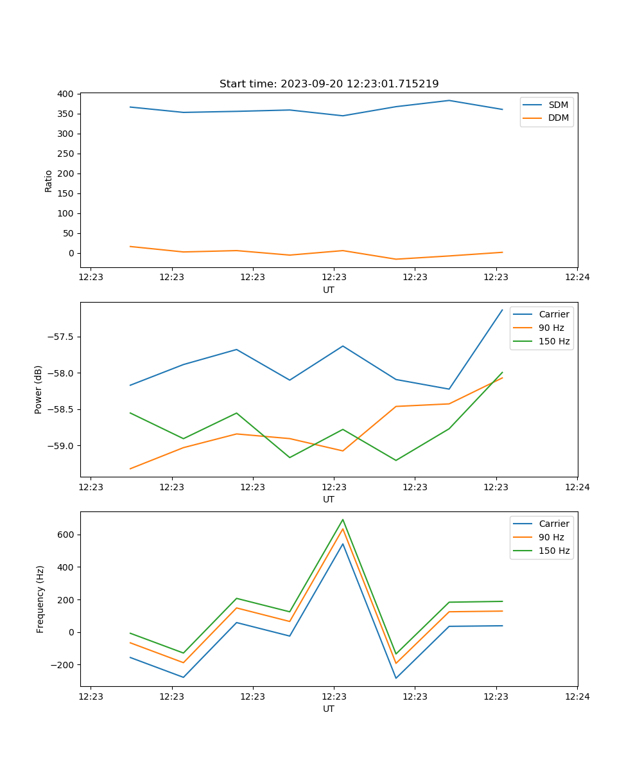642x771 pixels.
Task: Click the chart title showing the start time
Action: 329,84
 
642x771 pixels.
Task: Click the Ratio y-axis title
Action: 49,181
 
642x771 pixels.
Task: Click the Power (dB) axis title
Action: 39,389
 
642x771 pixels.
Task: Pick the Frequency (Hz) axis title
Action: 40,599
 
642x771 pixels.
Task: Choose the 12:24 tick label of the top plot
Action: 577,278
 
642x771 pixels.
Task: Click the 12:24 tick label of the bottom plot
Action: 577,696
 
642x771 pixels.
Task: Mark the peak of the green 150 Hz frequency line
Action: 343,519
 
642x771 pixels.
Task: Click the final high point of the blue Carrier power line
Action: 502,310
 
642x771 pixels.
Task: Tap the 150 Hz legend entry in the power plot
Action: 553,341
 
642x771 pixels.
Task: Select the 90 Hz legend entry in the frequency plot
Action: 551,537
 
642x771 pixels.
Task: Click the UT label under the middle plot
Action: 329,499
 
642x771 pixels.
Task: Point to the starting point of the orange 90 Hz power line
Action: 130,468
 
